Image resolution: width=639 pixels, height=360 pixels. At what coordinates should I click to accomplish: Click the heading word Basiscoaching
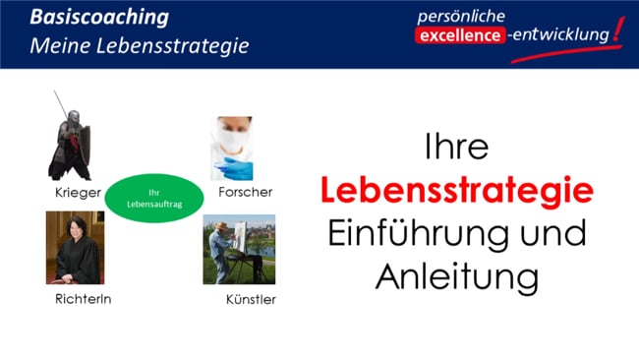point(98,17)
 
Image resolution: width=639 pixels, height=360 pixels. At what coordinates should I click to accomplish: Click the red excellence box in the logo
point(460,36)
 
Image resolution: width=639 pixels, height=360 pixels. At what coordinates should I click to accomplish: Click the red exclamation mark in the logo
point(615,31)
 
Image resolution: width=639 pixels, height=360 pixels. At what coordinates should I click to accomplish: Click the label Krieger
point(79,192)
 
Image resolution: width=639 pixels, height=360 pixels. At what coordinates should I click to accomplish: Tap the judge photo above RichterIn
point(75,248)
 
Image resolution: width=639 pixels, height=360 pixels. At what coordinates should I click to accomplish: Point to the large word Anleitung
point(457,276)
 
